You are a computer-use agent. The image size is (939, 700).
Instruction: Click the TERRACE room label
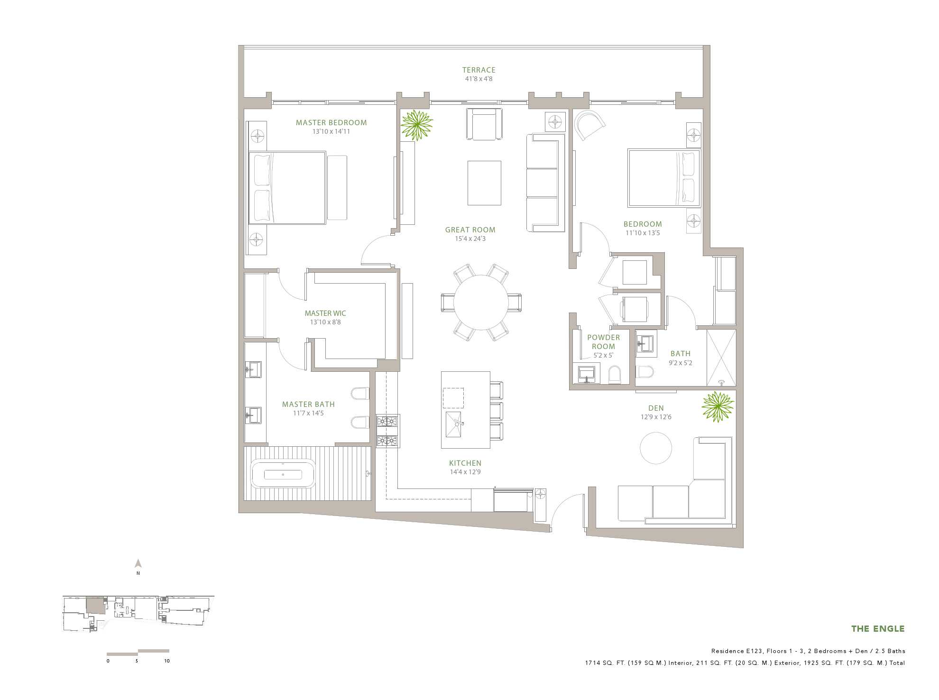pyautogui.click(x=479, y=70)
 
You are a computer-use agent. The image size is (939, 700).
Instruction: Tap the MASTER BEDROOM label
pyautogui.click(x=331, y=122)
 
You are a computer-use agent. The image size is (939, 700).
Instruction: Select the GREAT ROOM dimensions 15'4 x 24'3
pyautogui.click(x=470, y=239)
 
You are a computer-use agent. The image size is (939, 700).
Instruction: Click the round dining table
pyautogui.click(x=481, y=303)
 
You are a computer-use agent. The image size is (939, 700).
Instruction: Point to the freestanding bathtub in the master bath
pyautogui.click(x=283, y=474)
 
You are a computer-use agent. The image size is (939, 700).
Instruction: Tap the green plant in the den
pyautogui.click(x=718, y=406)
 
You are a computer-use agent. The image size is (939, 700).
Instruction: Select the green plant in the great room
pyautogui.click(x=416, y=125)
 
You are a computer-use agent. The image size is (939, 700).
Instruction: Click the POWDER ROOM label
pyautogui.click(x=603, y=342)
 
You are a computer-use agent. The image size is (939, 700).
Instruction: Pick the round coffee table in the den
pyautogui.click(x=656, y=448)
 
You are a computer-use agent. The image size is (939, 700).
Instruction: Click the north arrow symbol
pyautogui.click(x=138, y=563)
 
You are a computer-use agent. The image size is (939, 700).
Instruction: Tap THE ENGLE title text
pyautogui.click(x=878, y=629)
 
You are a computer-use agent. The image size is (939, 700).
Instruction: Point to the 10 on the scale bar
pyautogui.click(x=167, y=661)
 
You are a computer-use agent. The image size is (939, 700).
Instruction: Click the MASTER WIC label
pyautogui.click(x=325, y=313)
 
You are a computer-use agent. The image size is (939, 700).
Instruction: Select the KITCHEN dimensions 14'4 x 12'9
pyautogui.click(x=465, y=472)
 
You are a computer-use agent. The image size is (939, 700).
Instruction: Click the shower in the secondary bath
pyautogui.click(x=721, y=357)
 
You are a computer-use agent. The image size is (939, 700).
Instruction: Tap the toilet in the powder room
pyautogui.click(x=615, y=375)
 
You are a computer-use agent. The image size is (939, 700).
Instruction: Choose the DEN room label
pyautogui.click(x=656, y=408)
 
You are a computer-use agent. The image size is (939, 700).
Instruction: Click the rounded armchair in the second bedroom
pyautogui.click(x=589, y=125)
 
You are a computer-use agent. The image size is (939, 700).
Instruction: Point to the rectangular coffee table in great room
pyautogui.click(x=484, y=183)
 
